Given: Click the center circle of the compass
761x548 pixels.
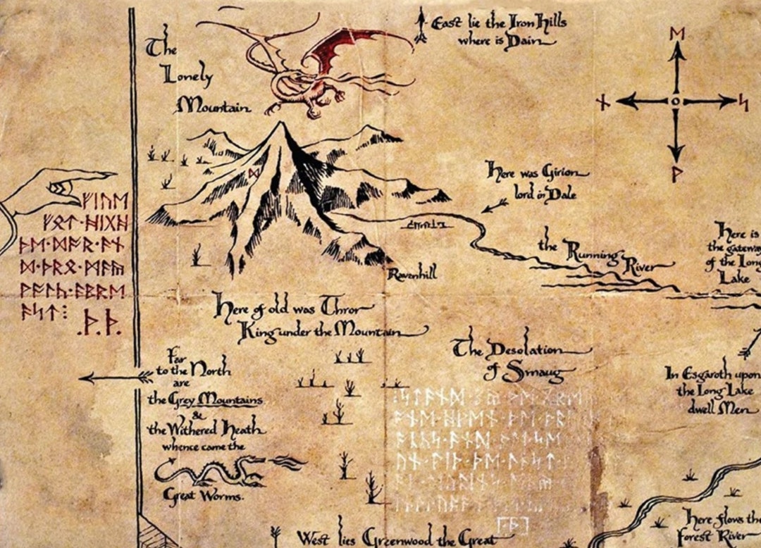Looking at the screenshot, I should [675, 102].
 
